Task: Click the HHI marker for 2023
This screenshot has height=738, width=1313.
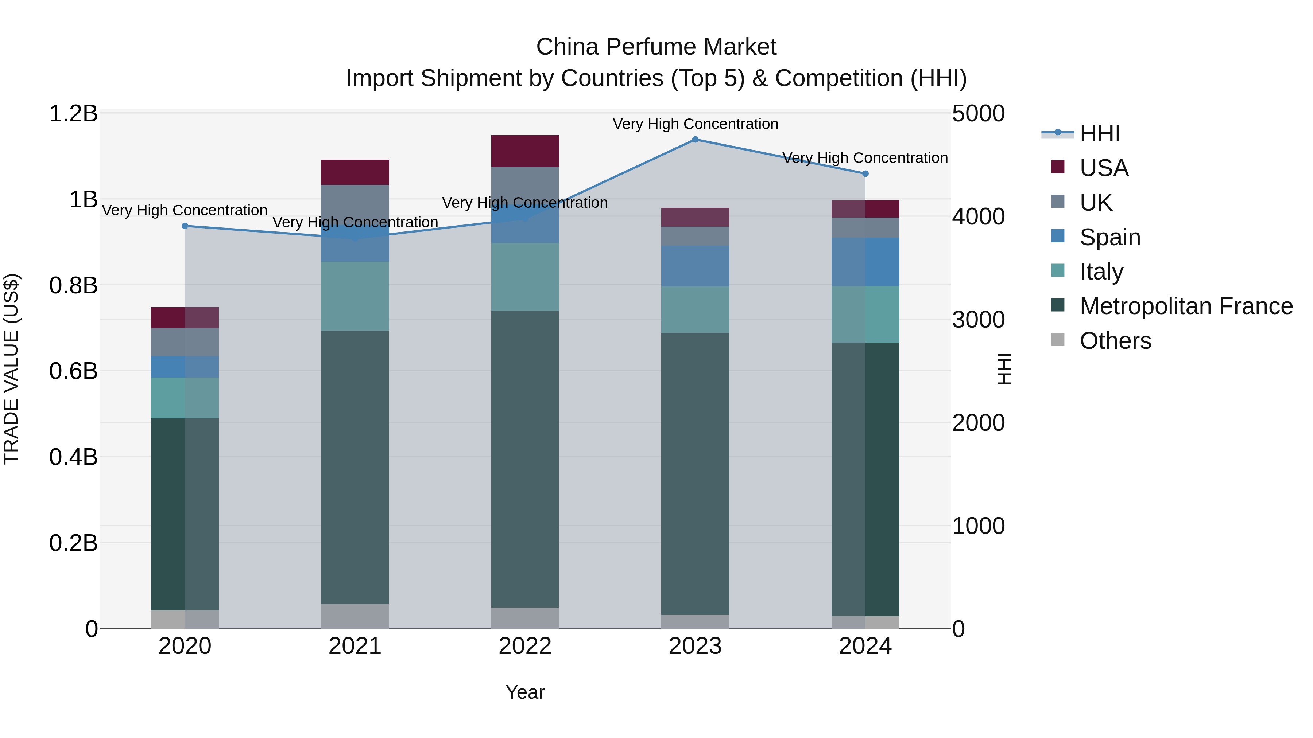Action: (x=695, y=140)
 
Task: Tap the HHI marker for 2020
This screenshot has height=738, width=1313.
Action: (x=185, y=226)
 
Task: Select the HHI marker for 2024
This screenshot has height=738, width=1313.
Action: (x=865, y=174)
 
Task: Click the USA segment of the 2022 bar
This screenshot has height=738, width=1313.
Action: (x=525, y=151)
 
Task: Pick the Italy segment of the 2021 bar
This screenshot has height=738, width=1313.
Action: (x=355, y=296)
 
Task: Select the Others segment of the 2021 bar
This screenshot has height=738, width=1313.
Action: (x=355, y=616)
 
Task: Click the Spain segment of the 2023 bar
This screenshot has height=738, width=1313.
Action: (x=695, y=266)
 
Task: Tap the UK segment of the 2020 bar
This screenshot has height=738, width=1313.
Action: (x=185, y=342)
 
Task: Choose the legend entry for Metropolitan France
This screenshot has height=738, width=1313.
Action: (x=1186, y=306)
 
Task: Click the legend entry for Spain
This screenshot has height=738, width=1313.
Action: (x=1109, y=237)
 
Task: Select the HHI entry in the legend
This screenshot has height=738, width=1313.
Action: (x=1099, y=133)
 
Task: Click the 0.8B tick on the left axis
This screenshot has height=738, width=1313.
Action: (x=73, y=285)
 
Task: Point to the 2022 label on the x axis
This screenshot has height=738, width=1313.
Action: (x=525, y=646)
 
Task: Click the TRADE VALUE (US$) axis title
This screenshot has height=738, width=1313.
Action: (x=11, y=369)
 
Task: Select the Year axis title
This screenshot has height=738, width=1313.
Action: (x=525, y=692)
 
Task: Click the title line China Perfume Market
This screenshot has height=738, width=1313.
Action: (x=656, y=47)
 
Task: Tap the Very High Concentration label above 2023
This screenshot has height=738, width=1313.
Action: (x=695, y=124)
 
